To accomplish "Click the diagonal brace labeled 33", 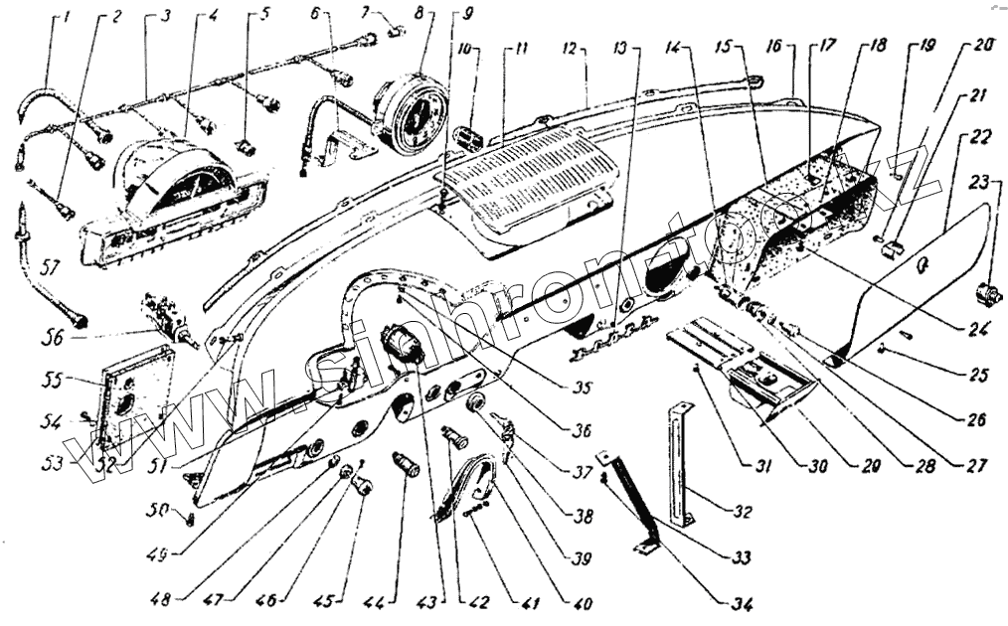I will (x=631, y=503).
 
